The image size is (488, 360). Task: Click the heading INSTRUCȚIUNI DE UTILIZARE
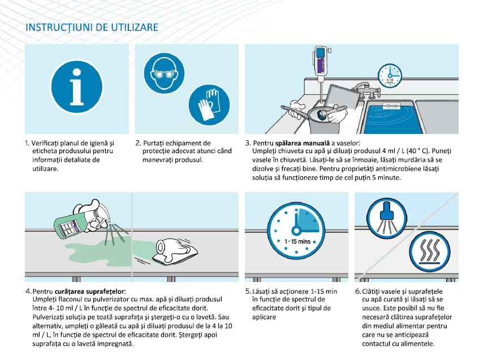[x=92, y=27]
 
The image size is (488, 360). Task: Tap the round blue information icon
[x=77, y=86]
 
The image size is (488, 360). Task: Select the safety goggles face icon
[x=164, y=73]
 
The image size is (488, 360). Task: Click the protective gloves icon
[x=209, y=105]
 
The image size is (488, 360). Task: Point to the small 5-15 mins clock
[x=390, y=76]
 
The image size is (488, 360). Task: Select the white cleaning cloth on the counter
[x=175, y=251]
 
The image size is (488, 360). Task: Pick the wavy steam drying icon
[x=430, y=251]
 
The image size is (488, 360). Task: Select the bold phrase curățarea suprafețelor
[x=89, y=292]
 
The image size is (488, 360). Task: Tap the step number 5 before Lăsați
[x=248, y=291]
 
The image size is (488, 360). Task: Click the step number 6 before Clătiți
[x=357, y=291]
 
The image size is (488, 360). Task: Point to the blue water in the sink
[x=393, y=118]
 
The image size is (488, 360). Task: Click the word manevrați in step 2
[x=156, y=160]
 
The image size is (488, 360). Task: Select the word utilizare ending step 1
[x=45, y=169]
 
